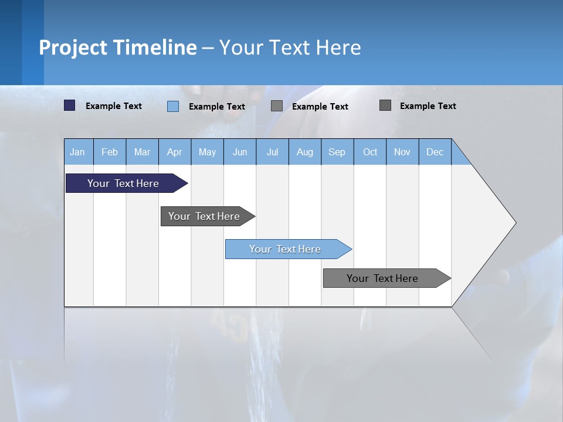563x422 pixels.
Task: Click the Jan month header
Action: click(x=78, y=152)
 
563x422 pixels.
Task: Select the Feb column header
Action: click(x=110, y=152)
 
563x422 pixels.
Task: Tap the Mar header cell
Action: click(x=142, y=152)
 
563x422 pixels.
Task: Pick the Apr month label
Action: click(x=175, y=152)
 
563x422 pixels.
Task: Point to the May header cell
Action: click(x=207, y=152)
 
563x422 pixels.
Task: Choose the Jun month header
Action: click(x=240, y=152)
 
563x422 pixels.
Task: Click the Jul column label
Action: click(x=272, y=152)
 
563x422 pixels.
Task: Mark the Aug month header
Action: click(x=305, y=152)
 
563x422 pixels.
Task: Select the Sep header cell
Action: click(x=337, y=152)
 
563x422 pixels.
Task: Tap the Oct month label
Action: click(x=370, y=152)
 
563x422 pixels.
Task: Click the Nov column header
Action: click(x=402, y=152)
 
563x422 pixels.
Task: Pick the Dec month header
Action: click(x=435, y=152)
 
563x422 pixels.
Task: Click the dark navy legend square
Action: click(x=70, y=105)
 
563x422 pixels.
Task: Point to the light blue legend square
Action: click(x=173, y=106)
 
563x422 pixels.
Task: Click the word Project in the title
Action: click(x=73, y=47)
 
